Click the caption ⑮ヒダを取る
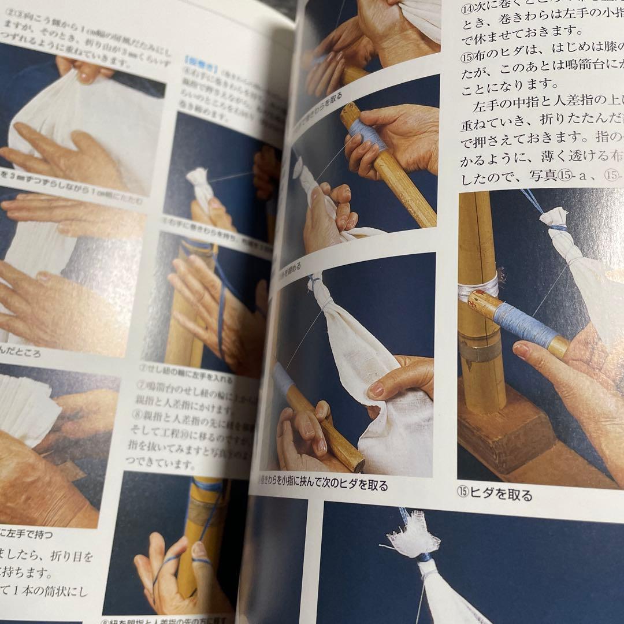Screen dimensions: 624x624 pyautogui.click(x=495, y=495)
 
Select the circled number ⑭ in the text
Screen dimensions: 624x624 pyautogui.click(x=467, y=9)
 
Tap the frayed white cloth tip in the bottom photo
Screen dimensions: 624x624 pyautogui.click(x=413, y=540)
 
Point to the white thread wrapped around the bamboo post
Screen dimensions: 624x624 pyautogui.click(x=477, y=287)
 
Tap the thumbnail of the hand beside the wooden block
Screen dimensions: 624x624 pyautogui.click(x=522, y=350)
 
